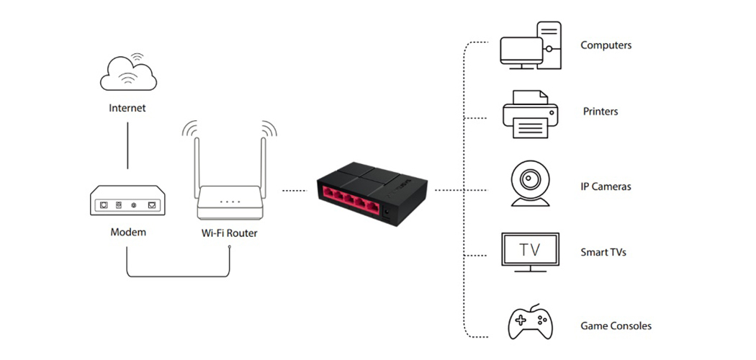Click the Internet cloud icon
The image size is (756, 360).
tap(127, 72)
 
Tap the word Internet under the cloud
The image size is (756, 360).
tap(127, 108)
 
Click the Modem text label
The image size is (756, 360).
tap(128, 232)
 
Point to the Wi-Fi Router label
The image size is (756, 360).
tap(230, 233)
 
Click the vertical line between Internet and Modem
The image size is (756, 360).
tap(127, 143)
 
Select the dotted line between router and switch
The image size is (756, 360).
tap(295, 191)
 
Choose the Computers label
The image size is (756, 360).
tap(606, 45)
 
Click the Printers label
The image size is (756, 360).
tap(600, 112)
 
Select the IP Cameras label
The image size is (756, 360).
tap(606, 186)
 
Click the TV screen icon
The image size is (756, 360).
tap(531, 251)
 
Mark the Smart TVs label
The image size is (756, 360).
tap(604, 253)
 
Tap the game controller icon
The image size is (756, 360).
tap(531, 322)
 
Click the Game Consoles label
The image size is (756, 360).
tap(616, 326)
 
